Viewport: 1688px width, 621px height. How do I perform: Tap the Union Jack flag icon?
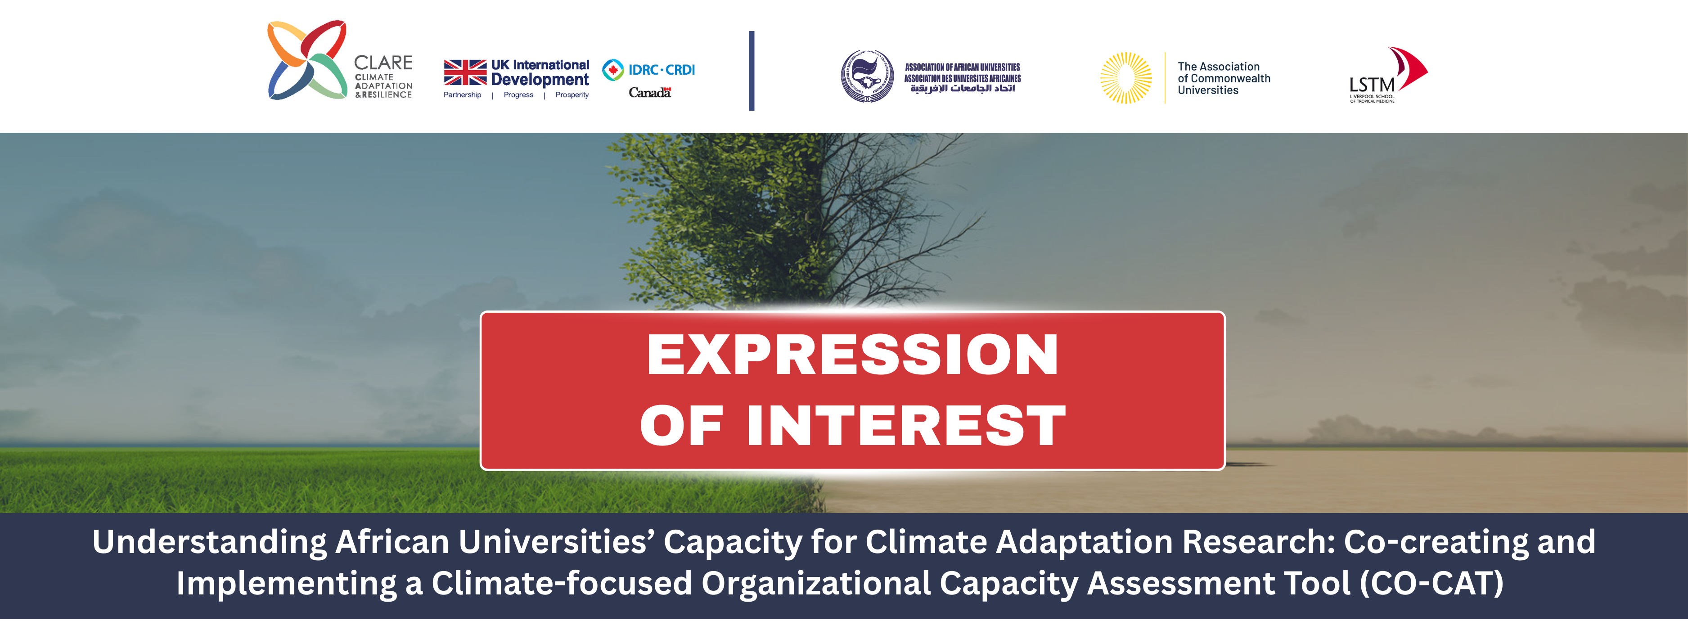tap(465, 73)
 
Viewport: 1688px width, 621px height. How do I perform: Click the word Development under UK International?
tap(540, 80)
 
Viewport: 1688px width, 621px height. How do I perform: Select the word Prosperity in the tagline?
tap(572, 95)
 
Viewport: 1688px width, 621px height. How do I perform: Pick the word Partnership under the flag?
tap(462, 95)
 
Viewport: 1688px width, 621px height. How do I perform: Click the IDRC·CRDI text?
tap(662, 69)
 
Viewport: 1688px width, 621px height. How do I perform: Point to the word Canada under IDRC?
tap(649, 92)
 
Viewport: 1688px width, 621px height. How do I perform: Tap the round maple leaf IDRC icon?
tap(612, 69)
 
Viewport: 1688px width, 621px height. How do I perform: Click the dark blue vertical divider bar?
tap(752, 71)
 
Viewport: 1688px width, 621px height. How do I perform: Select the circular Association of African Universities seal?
tap(867, 76)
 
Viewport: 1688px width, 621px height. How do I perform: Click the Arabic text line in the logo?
tap(963, 89)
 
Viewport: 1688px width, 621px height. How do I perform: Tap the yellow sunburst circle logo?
tap(1126, 78)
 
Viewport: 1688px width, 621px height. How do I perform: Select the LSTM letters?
tap(1372, 85)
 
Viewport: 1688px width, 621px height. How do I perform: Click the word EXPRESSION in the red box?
tap(852, 355)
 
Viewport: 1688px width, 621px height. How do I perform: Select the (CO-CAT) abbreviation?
tap(1432, 583)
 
